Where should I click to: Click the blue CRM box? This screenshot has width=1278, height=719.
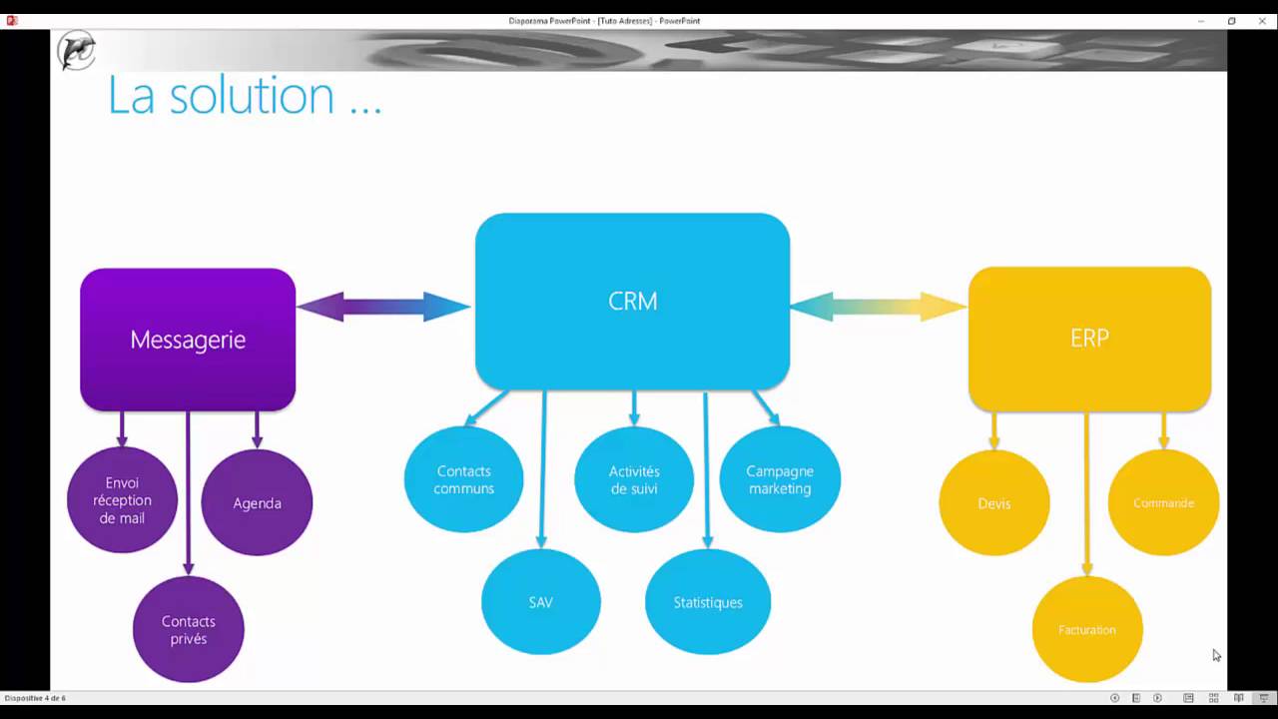pyautogui.click(x=632, y=302)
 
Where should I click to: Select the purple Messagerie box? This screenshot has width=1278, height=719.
pyautogui.click(x=188, y=340)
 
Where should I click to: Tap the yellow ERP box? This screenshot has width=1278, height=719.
pyautogui.click(x=1089, y=339)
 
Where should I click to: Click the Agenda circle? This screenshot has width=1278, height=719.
pyautogui.click(x=257, y=502)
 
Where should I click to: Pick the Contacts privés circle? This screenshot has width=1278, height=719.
pyautogui.click(x=189, y=629)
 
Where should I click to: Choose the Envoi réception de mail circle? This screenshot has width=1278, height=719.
pyautogui.click(x=122, y=500)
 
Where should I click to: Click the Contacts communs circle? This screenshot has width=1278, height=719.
pyautogui.click(x=463, y=479)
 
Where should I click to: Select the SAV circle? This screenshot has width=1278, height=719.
pyautogui.click(x=541, y=602)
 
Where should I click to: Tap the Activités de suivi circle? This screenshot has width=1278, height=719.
pyautogui.click(x=634, y=479)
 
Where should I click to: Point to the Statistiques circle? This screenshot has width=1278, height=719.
pyautogui.click(x=708, y=602)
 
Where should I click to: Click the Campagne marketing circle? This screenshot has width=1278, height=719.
pyautogui.click(x=780, y=479)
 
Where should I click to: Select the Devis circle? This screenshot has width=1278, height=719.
pyautogui.click(x=994, y=502)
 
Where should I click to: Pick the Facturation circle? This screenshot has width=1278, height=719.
pyautogui.click(x=1087, y=629)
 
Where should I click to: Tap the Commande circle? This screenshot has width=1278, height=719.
pyautogui.click(x=1164, y=502)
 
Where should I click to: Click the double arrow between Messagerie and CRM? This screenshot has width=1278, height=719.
pyautogui.click(x=384, y=307)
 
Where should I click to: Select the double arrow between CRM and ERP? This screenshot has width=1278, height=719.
pyautogui.click(x=879, y=307)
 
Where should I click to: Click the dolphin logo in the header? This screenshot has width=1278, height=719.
pyautogui.click(x=77, y=50)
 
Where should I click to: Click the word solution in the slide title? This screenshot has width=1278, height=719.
pyautogui.click(x=253, y=95)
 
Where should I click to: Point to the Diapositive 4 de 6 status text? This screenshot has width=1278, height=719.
pyautogui.click(x=35, y=698)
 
